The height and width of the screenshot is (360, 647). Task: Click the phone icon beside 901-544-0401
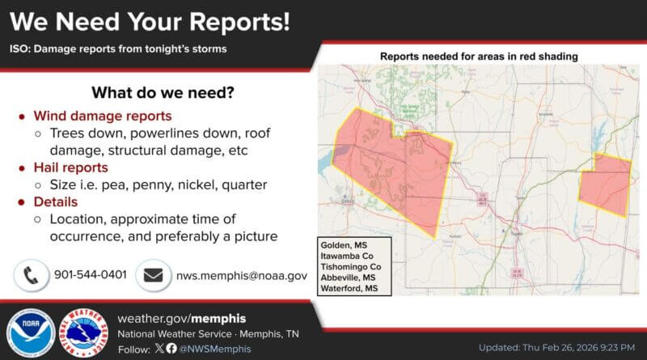(31, 275)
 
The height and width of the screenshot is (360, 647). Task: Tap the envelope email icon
(153, 275)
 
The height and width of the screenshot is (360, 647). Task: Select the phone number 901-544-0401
(91, 275)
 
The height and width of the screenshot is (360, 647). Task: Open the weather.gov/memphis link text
(182, 318)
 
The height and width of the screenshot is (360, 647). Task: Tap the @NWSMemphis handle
(214, 349)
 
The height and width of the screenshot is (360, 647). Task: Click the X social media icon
(159, 349)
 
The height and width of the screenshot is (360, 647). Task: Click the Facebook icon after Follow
(171, 349)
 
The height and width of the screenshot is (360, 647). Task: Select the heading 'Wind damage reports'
(102, 116)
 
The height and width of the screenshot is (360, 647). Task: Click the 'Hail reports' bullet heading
(70, 167)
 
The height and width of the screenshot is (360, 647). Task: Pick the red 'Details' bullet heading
(56, 201)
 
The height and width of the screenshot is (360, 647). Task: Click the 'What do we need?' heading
(163, 92)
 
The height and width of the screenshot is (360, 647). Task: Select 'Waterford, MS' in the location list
(349, 288)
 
